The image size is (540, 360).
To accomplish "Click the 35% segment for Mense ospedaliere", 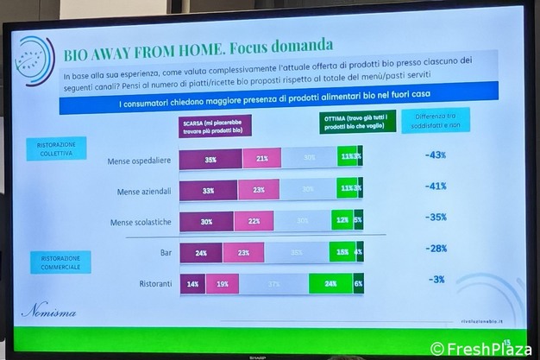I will pyautogui.click(x=210, y=158).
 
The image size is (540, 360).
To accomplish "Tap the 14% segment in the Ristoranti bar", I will pyautogui.click(x=192, y=283).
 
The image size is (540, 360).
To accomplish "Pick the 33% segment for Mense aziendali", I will pyautogui.click(x=209, y=188).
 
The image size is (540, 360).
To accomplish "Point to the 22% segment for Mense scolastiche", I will pyautogui.click(x=254, y=221).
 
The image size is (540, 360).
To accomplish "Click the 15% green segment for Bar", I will pyautogui.click(x=342, y=252).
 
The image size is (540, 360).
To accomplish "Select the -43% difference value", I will pyautogui.click(x=436, y=155).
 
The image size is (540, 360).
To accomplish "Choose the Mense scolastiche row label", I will pyautogui.click(x=141, y=222).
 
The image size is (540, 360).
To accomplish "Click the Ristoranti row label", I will pyautogui.click(x=155, y=284).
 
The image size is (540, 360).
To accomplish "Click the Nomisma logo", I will pyautogui.click(x=44, y=307).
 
